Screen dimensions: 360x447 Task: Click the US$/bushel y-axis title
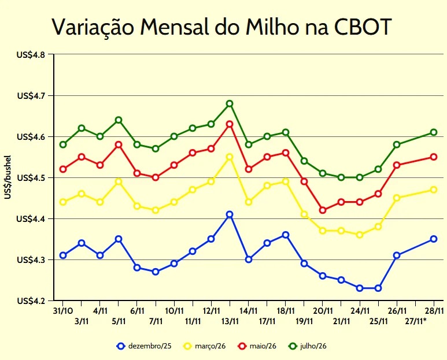pos(8,177)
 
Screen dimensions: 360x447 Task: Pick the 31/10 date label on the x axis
pos(62,310)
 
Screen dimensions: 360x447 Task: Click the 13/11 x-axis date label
pos(230,321)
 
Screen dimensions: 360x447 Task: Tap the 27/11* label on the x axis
pos(416,321)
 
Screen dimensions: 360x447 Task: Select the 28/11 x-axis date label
pos(434,310)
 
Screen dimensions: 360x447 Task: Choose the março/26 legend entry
pos(204,346)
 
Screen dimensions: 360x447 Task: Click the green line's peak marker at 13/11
pos(230,104)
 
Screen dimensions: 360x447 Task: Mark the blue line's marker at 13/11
pos(230,214)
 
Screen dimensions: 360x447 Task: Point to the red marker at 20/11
pos(323,210)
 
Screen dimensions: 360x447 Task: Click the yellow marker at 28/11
pos(434,190)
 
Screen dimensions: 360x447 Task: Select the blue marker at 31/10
pos(63,255)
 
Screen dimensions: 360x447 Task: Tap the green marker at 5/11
pos(119,120)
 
